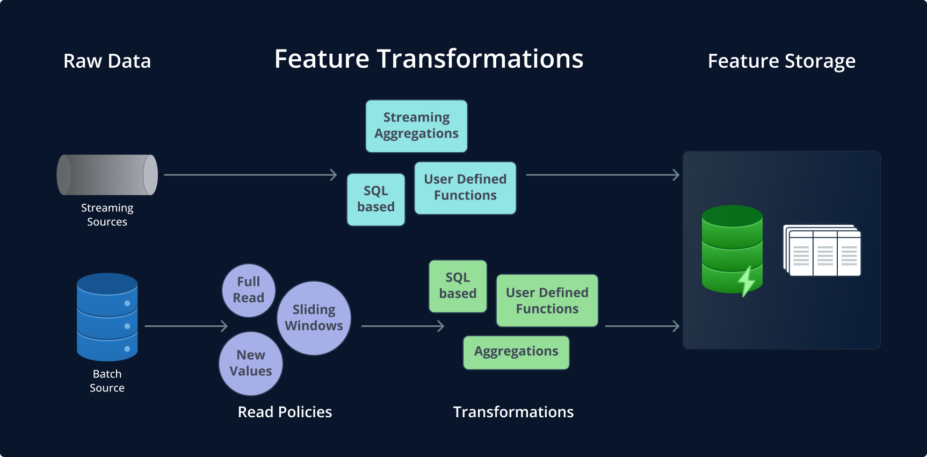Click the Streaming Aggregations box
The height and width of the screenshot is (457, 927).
(416, 126)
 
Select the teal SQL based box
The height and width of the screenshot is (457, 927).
(376, 199)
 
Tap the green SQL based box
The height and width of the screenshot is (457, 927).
(458, 286)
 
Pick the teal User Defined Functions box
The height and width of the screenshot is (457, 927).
(465, 188)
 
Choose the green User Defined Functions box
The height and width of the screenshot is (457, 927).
(547, 301)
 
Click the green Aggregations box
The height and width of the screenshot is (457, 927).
(516, 352)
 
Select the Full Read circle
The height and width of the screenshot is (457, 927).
(249, 290)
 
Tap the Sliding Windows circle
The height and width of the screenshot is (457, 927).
(314, 318)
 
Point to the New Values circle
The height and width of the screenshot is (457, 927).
(250, 363)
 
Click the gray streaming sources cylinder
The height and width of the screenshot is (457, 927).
(107, 175)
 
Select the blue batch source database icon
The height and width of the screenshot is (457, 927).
(107, 317)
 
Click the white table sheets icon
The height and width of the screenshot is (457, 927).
(822, 251)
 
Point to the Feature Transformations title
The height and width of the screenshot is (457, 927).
(429, 59)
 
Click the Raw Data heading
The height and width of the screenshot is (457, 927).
(107, 61)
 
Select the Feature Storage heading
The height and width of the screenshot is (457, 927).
(781, 61)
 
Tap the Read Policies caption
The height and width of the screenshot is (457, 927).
(285, 412)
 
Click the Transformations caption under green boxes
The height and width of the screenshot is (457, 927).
(513, 412)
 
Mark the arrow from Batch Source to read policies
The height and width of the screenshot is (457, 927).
(186, 326)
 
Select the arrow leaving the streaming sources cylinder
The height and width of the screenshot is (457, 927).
(250, 175)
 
